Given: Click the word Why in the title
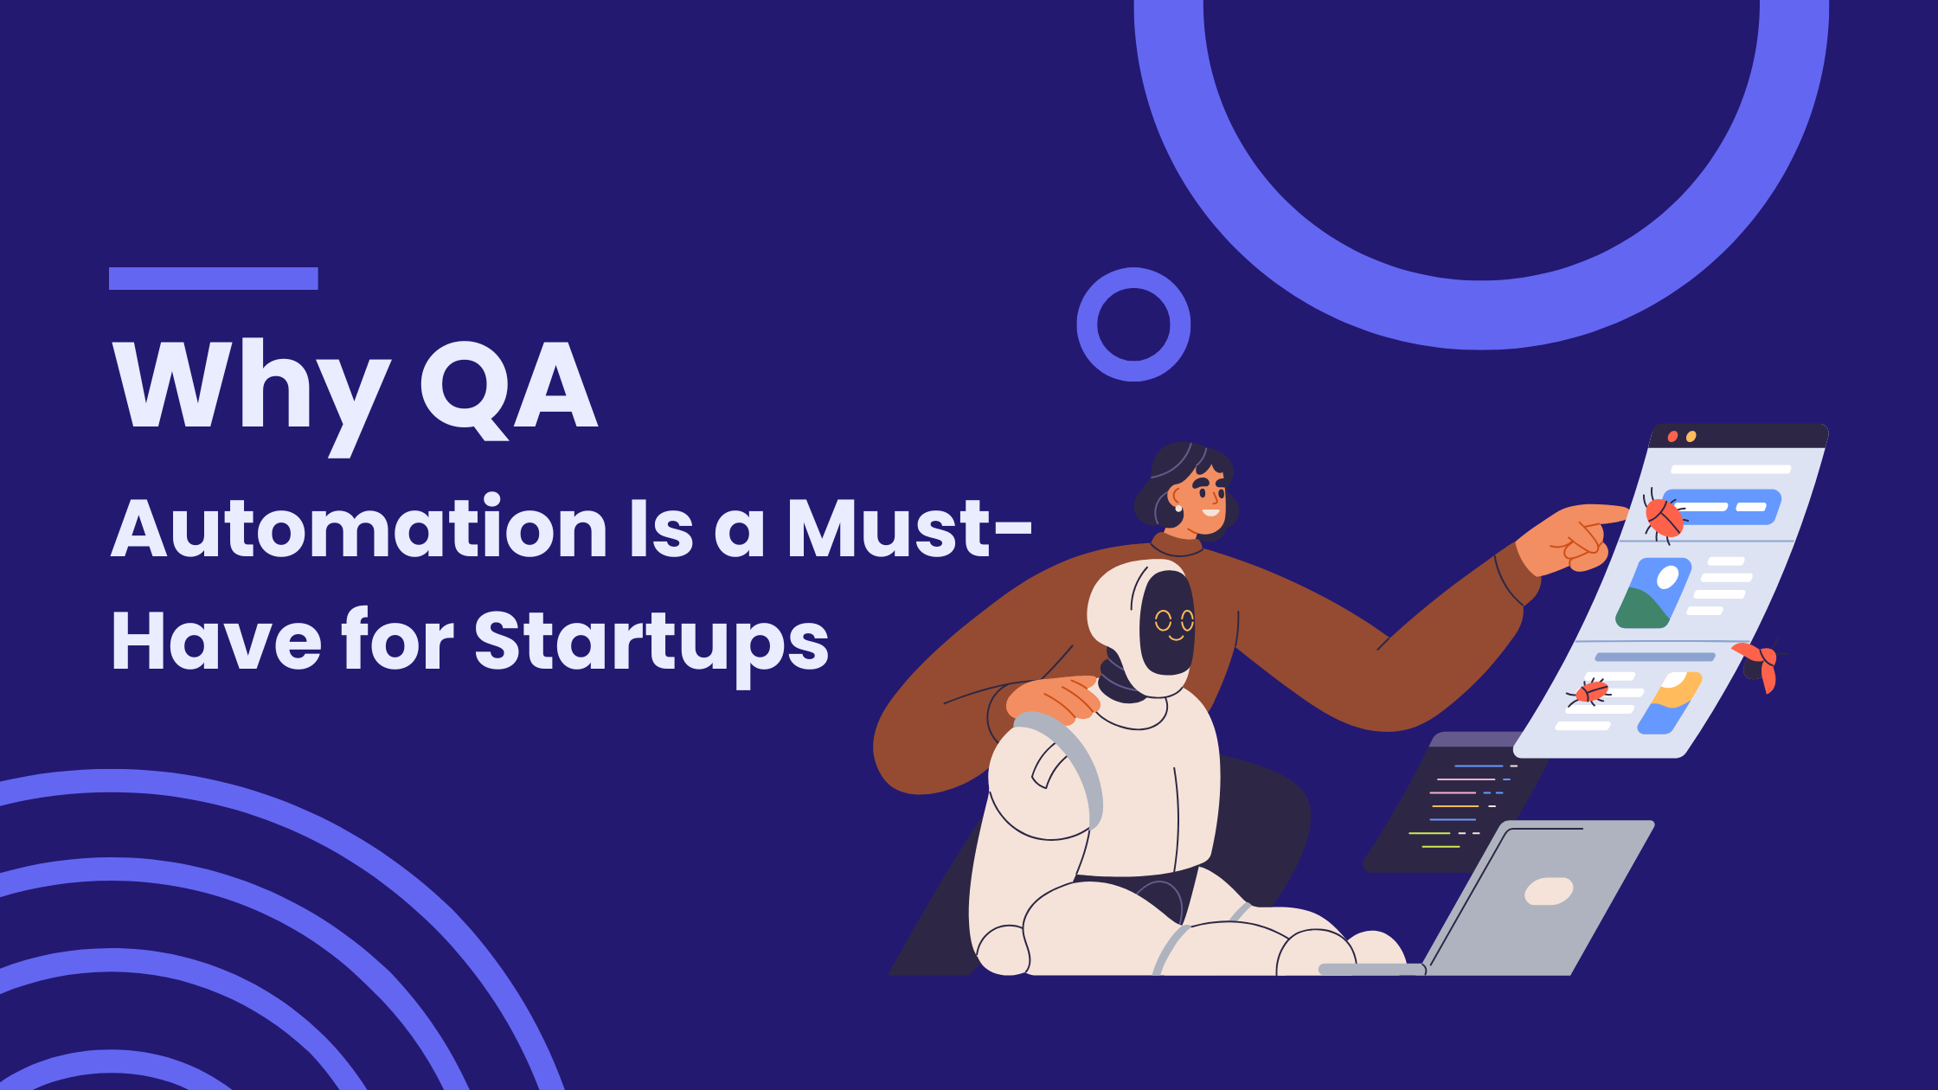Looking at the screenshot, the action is click(x=252, y=396).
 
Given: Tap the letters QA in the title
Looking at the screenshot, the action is click(x=509, y=389).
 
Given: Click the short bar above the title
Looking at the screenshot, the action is click(x=214, y=279).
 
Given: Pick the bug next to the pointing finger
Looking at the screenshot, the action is click(x=1663, y=517).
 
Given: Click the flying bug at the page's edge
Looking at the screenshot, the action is click(x=1758, y=665).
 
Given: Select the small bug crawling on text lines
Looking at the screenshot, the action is click(x=1589, y=692).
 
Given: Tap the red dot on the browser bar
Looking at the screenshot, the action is click(x=1672, y=437).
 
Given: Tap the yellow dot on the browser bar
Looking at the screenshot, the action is click(x=1691, y=437).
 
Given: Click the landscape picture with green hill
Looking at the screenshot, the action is click(x=1652, y=593).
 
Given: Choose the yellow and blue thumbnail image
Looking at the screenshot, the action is click(x=1670, y=703).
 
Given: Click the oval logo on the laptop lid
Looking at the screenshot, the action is click(x=1549, y=891).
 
